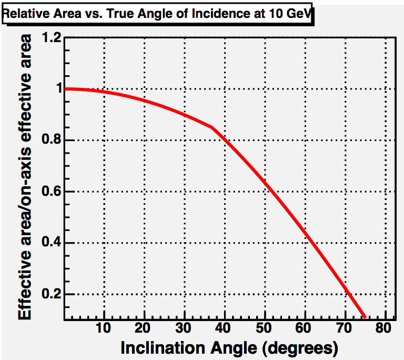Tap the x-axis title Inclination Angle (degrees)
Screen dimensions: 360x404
coord(228,347)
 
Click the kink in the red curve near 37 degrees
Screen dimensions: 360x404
coord(211,127)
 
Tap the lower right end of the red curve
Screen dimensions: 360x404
coord(364,316)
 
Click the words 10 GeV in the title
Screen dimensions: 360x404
coord(292,16)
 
